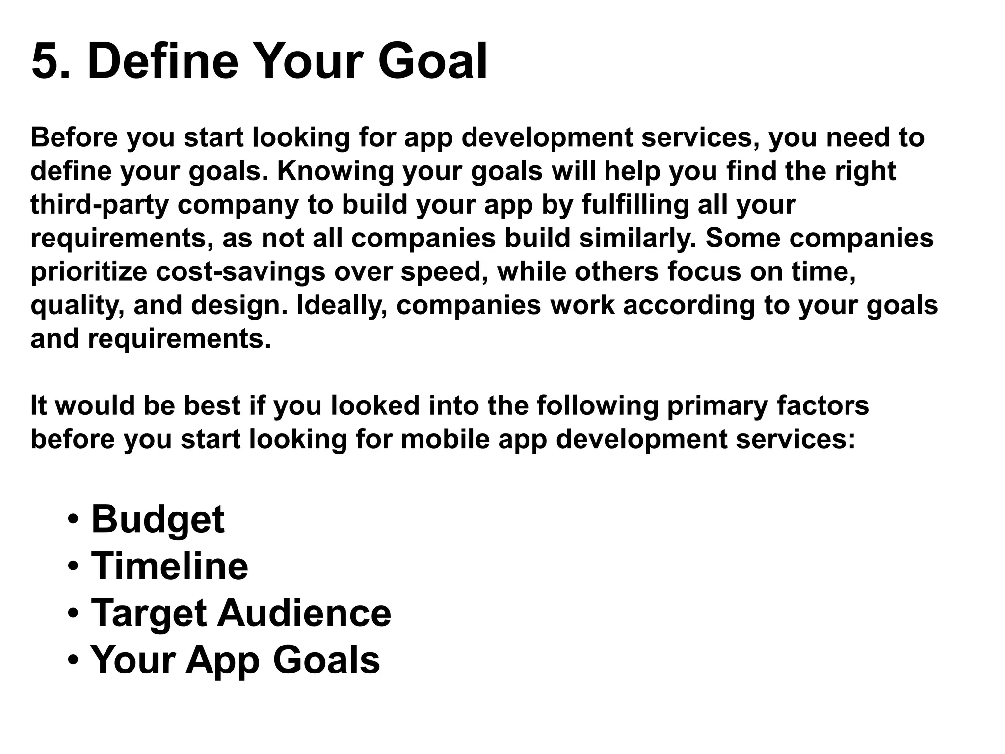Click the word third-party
coord(100,205)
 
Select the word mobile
coord(445,439)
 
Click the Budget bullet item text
coord(158,520)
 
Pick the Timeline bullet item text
coord(170,566)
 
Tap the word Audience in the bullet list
coord(304,613)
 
